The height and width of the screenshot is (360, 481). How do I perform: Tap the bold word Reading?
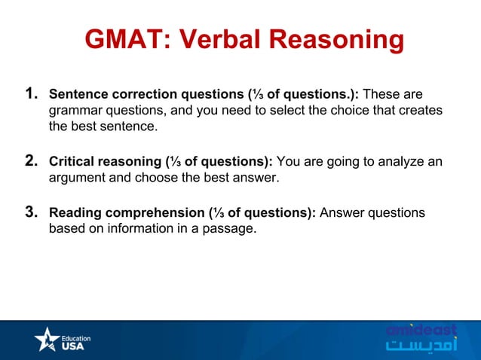74,214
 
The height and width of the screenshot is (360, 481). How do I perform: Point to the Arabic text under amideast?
421,347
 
